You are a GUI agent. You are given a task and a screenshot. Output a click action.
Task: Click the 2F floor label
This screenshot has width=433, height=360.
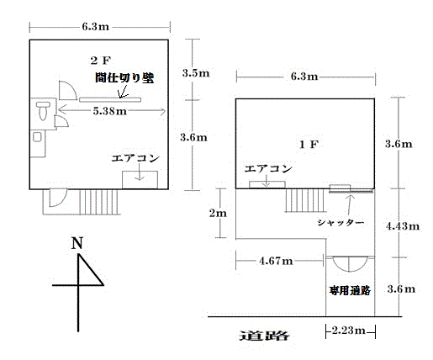[x=101, y=61]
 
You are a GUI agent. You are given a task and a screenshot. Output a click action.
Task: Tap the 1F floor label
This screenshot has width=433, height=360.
[x=309, y=145]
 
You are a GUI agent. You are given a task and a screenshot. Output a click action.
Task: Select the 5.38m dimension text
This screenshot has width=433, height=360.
[x=109, y=111]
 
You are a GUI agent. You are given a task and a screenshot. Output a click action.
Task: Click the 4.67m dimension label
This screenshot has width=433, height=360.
[x=276, y=261]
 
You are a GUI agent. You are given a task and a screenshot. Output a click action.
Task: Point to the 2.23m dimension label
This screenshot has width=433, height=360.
[x=349, y=331]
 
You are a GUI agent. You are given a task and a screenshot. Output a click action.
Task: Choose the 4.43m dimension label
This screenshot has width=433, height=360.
[x=403, y=226]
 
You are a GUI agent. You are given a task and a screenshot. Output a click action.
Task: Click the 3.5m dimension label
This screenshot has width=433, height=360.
[x=196, y=73]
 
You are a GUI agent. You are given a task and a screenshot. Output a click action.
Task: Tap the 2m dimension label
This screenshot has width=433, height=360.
[x=218, y=214]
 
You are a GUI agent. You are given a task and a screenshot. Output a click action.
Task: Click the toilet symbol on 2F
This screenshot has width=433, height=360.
[x=43, y=111]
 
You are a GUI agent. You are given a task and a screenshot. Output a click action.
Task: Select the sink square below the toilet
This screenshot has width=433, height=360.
[x=37, y=137]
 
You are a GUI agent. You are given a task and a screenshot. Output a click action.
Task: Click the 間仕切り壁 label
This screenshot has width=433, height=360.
[x=124, y=77]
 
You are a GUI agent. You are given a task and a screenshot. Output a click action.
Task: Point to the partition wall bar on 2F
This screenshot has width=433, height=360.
[x=110, y=99]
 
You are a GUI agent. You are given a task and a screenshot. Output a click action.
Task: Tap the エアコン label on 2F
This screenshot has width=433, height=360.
[x=135, y=158]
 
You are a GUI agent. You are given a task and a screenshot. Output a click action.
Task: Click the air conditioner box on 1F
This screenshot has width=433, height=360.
[x=267, y=185]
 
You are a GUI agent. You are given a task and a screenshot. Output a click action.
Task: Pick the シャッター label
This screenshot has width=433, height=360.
[x=341, y=223]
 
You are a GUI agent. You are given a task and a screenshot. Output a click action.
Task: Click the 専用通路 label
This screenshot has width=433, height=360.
[x=350, y=290]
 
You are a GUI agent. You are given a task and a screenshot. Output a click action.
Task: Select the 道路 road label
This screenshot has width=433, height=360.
[x=264, y=336]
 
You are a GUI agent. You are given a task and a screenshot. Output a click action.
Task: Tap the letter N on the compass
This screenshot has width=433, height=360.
[x=77, y=243]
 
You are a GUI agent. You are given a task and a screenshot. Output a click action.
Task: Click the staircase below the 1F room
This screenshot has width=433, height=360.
[x=305, y=200]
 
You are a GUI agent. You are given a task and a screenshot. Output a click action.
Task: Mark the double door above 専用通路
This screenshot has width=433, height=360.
[x=349, y=264]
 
